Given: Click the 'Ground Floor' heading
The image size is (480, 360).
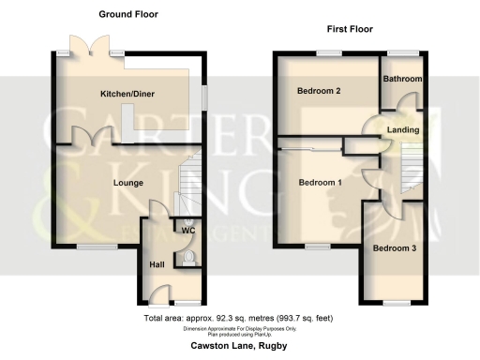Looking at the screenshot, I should coord(128,14).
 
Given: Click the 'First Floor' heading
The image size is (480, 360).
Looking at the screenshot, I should coord(350,30).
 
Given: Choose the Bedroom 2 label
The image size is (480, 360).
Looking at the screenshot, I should coord(317,91).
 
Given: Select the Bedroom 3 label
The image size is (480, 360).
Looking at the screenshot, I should coord(391,248).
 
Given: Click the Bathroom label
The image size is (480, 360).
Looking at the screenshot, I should coord(402,80).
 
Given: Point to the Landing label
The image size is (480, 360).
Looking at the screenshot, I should coord(403,128).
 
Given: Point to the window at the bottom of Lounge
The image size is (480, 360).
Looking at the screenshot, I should coord(90,247).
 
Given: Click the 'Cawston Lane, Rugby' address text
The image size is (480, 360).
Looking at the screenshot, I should coord(239,347).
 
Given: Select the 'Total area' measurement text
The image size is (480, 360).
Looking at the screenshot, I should coord(239,320).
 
